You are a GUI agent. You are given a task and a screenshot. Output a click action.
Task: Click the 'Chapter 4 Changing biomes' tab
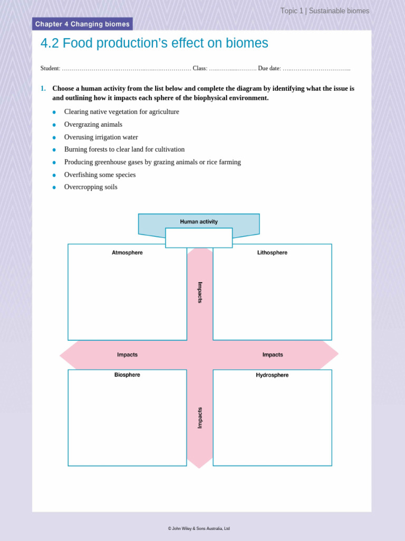point(82,24)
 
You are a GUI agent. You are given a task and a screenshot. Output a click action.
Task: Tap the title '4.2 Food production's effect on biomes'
point(154,43)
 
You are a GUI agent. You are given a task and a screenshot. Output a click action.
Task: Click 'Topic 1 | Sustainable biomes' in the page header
point(325,11)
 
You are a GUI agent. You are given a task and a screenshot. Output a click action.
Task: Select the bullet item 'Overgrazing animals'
point(93,125)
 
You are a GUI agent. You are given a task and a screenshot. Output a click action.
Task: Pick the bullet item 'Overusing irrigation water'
point(101,137)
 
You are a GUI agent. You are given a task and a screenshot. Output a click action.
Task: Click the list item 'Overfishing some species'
point(100,175)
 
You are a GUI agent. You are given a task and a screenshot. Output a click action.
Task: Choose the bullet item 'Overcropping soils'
point(91,187)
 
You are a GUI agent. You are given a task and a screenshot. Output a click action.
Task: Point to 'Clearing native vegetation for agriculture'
point(121,112)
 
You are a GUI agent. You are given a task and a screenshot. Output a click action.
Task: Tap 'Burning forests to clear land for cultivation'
point(124,150)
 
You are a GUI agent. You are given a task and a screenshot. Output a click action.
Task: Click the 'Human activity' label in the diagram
point(199,222)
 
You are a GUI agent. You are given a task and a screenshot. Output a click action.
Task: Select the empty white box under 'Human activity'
point(199,238)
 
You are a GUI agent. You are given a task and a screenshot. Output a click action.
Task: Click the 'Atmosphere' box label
point(127,253)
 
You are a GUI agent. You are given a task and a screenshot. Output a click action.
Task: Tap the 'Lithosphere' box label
point(272,253)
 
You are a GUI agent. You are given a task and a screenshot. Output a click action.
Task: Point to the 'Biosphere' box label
point(127,375)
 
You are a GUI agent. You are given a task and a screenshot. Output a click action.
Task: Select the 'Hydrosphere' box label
point(272,375)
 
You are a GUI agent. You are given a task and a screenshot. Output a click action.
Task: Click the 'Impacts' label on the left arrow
point(127,355)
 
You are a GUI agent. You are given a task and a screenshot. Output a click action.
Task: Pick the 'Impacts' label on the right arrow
point(273,355)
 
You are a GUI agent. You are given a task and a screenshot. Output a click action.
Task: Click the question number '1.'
point(43,89)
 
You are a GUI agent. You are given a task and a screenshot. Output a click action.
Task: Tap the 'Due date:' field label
point(269,69)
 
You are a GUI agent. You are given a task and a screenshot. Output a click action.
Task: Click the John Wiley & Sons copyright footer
point(199,528)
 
